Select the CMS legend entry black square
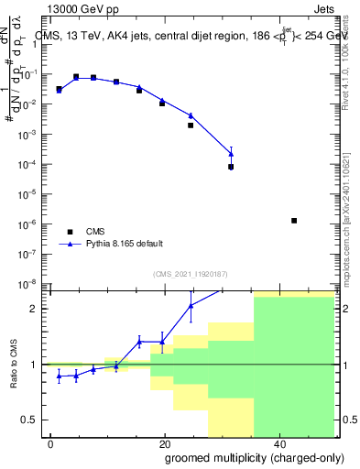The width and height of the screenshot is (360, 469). [x=69, y=232]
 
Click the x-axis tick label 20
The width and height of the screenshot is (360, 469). [x=164, y=442]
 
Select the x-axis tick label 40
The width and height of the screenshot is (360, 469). [x=278, y=442]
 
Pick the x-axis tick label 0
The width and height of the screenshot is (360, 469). [x=51, y=442]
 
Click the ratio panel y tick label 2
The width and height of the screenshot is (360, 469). [x=34, y=309]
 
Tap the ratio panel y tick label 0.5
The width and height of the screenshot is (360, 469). [x=29, y=420]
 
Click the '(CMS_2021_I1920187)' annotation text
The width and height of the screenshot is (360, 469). [x=191, y=274]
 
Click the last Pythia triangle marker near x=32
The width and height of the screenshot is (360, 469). [x=231, y=153]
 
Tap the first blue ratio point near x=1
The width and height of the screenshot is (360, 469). [x=60, y=376]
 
